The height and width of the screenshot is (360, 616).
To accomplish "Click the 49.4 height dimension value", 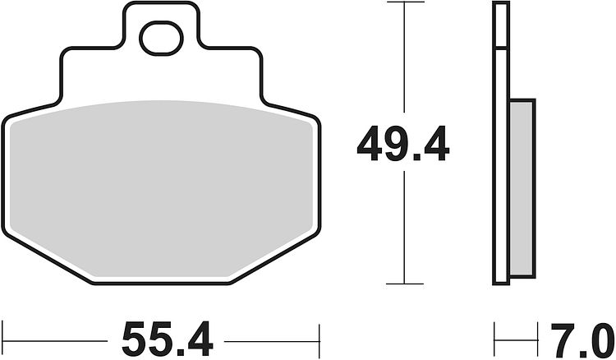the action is click(x=403, y=144).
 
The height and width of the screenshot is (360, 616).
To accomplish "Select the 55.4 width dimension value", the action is click(x=168, y=339).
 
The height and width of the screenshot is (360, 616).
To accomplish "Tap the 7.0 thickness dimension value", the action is click(x=582, y=340).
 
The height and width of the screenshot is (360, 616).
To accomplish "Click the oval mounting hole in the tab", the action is click(x=161, y=38).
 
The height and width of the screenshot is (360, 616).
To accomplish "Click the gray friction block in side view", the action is click(x=522, y=188).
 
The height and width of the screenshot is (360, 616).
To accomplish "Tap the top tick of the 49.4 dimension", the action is click(x=406, y=2).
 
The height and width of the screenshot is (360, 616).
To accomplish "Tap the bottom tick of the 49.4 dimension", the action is click(x=405, y=284).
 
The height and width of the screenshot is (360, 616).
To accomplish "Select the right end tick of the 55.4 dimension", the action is click(x=319, y=340).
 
